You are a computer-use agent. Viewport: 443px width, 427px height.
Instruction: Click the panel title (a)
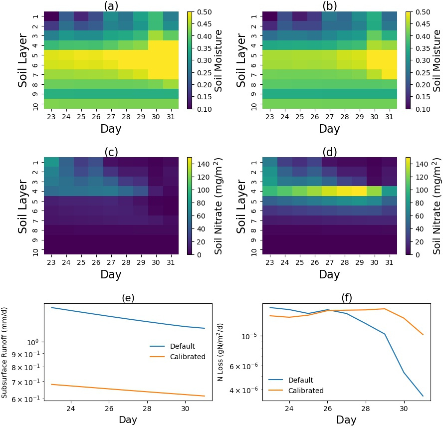[110, 6]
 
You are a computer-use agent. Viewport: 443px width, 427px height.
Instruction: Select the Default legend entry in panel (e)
[182, 346]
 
